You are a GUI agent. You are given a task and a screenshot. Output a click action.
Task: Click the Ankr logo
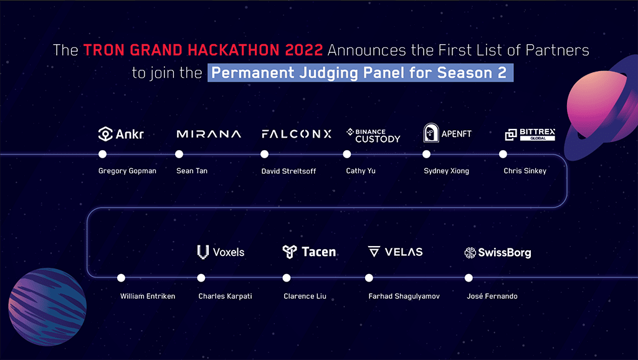(x=121, y=133)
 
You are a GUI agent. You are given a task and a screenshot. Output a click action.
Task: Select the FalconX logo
(x=297, y=134)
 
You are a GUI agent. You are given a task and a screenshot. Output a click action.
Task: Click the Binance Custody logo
(x=373, y=135)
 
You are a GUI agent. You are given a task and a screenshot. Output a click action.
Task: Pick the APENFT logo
(x=447, y=133)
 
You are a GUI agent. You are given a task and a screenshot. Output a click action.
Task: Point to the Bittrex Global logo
(x=530, y=134)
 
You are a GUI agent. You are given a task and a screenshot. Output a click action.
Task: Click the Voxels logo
(x=221, y=252)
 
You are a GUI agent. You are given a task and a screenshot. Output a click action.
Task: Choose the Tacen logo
(x=309, y=252)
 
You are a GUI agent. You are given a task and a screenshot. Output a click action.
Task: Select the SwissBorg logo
(x=498, y=252)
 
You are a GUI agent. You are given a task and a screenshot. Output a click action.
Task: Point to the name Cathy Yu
(x=361, y=171)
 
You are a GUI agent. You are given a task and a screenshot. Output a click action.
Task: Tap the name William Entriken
(x=148, y=296)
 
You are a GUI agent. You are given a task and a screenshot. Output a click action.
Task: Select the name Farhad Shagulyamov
(x=404, y=296)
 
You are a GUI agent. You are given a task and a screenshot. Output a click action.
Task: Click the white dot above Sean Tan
(x=179, y=154)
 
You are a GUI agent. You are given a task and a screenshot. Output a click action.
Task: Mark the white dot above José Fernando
(x=469, y=278)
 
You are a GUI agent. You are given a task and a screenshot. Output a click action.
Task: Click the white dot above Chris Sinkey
(x=503, y=154)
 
